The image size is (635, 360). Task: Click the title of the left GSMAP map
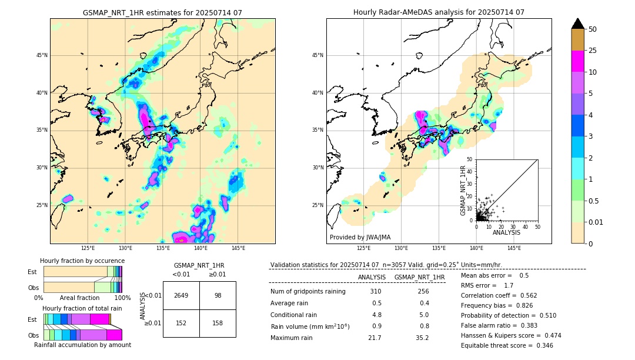pyautogui.click(x=162, y=12)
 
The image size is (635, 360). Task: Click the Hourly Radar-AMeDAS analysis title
pyautogui.click(x=439, y=12)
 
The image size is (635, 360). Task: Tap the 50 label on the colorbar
pyautogui.click(x=593, y=29)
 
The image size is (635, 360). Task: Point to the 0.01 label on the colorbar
pyautogui.click(x=597, y=222)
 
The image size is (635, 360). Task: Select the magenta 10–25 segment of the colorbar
pyautogui.click(x=577, y=61)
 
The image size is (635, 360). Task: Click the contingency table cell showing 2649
pyautogui.click(x=181, y=295)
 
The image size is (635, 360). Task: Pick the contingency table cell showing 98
pyautogui.click(x=218, y=295)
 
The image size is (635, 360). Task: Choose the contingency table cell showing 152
pyautogui.click(x=181, y=323)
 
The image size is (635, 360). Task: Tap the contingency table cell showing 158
pyautogui.click(x=218, y=323)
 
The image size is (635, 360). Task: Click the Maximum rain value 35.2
pyautogui.click(x=422, y=338)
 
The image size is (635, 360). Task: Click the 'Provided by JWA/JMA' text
pyautogui.click(x=360, y=238)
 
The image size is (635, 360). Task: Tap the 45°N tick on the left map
pyautogui.click(x=42, y=55)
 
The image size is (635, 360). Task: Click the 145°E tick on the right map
pyautogui.click(x=514, y=248)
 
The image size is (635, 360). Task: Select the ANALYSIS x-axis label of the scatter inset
pyautogui.click(x=506, y=232)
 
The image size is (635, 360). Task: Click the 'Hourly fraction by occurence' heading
pyautogui.click(x=82, y=261)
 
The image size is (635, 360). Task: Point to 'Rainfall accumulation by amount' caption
pyautogui.click(x=82, y=345)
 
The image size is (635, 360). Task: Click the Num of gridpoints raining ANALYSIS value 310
pyautogui.click(x=376, y=292)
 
